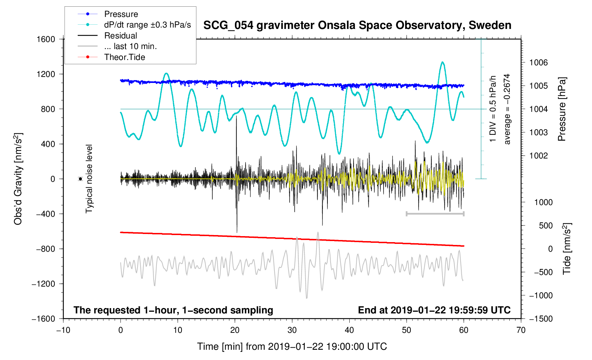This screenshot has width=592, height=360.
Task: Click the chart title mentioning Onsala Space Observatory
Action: (357, 25)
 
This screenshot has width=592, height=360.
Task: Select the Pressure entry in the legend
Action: (121, 14)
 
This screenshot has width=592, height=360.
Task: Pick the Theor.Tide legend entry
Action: (124, 57)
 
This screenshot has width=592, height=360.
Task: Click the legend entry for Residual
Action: (120, 36)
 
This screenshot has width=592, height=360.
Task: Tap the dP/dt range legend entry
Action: (147, 25)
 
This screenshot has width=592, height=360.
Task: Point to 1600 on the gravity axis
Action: (46, 39)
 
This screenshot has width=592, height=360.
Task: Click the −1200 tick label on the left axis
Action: (43, 284)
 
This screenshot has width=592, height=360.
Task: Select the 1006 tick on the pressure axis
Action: (538, 62)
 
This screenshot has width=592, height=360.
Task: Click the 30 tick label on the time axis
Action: (292, 330)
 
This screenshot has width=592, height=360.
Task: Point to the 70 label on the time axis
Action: (521, 330)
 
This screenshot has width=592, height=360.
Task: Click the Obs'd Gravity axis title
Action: (18, 179)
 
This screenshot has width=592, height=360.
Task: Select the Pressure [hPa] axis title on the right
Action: (562, 109)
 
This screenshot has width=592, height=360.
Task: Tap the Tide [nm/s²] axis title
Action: (567, 248)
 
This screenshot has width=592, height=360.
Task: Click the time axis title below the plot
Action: (292, 347)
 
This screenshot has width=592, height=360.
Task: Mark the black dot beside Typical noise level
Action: (81, 179)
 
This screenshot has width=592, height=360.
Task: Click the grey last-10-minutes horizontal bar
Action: (435, 214)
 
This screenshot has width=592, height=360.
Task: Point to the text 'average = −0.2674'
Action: (507, 109)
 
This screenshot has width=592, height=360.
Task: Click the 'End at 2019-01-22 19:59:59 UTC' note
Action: (434, 310)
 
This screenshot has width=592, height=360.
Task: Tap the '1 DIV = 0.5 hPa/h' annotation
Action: (493, 109)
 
